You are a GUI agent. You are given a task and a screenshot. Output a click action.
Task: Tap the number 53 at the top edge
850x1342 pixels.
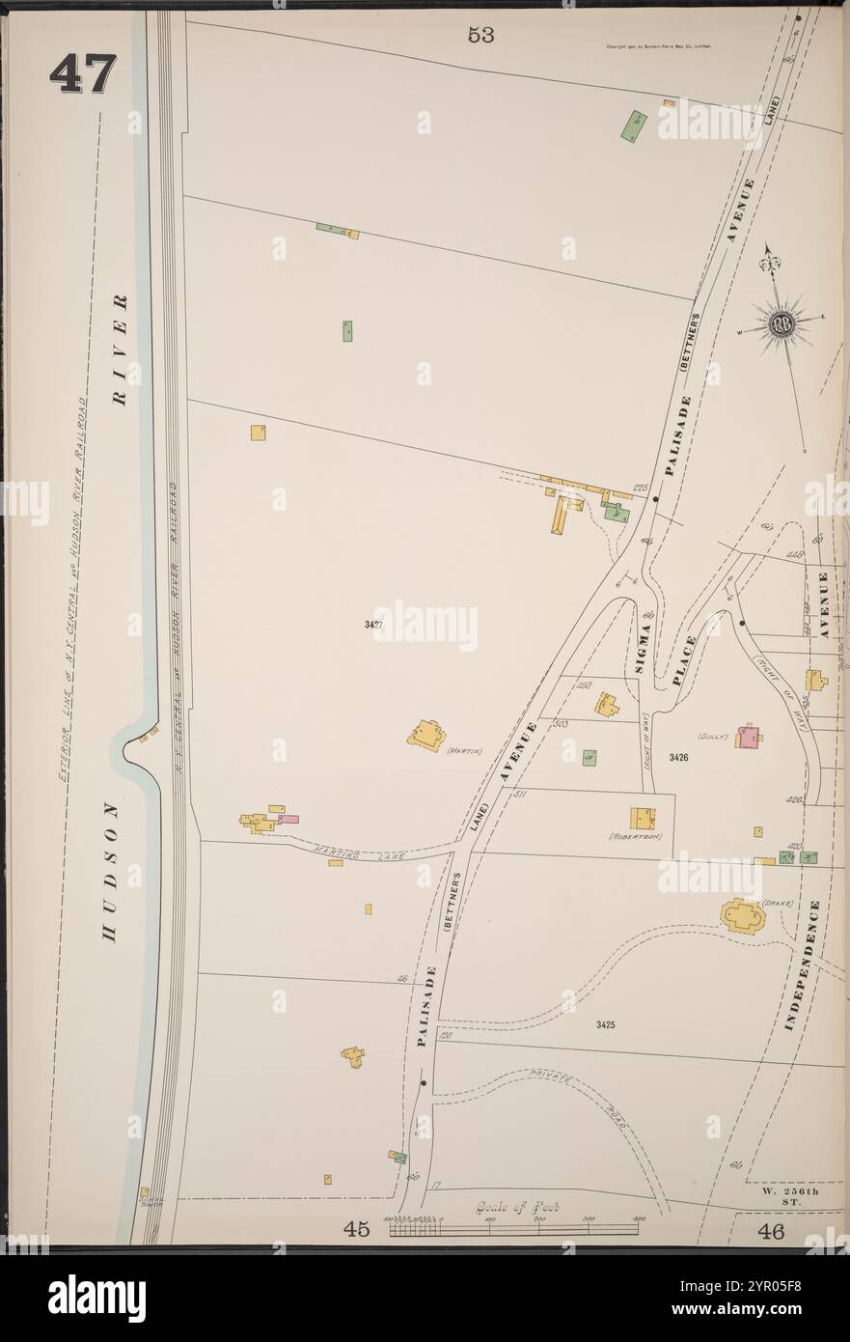click(480, 35)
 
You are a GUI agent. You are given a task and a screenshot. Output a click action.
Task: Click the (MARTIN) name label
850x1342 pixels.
click(464, 750)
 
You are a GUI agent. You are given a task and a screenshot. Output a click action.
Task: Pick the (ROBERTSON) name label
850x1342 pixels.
click(635, 836)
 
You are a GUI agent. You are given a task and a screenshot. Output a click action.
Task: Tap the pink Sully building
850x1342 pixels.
click(747, 737)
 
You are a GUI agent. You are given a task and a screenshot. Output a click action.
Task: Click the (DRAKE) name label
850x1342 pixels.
click(777, 904)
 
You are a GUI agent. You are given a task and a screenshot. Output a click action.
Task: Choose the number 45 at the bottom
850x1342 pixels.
click(357, 1229)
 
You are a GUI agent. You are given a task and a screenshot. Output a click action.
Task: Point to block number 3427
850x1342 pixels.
click(374, 625)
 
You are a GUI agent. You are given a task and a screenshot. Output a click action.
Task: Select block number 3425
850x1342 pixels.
click(606, 1023)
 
